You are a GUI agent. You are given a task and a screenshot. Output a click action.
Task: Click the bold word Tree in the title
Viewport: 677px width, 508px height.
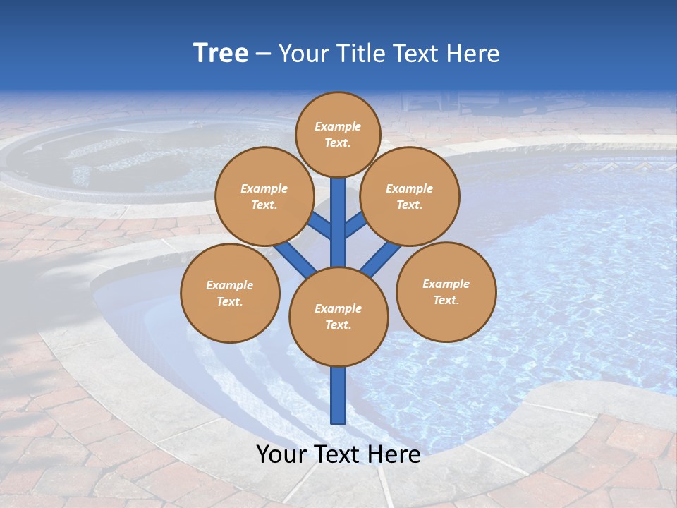click(221, 54)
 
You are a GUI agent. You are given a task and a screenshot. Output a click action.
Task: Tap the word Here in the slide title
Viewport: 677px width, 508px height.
click(473, 54)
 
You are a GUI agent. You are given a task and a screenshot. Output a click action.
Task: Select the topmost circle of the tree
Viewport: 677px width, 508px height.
click(338, 134)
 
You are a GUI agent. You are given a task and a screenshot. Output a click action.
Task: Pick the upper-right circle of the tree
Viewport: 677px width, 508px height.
click(410, 196)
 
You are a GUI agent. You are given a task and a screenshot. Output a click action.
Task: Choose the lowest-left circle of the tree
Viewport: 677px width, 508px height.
click(230, 293)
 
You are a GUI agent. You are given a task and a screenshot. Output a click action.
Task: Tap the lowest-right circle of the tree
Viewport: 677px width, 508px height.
click(446, 291)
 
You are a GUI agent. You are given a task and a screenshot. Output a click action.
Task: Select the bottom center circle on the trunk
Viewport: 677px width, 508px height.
click(338, 317)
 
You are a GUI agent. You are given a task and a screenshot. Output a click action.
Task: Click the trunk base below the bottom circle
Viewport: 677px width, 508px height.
click(338, 395)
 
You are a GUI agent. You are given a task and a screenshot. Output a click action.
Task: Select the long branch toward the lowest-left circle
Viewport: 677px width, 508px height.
click(295, 258)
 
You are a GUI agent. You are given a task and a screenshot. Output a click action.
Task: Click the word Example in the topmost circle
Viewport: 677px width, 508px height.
click(338, 126)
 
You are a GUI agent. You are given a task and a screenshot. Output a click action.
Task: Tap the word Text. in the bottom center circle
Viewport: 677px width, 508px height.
click(338, 325)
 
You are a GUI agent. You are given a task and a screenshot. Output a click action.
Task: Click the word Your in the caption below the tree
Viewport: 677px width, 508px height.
click(282, 454)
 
